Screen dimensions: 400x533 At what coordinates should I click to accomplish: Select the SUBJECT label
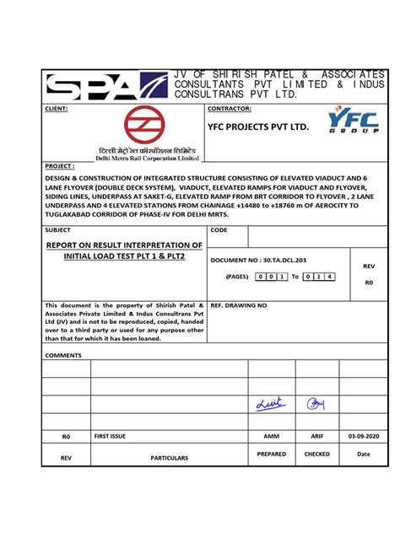click(x=58, y=230)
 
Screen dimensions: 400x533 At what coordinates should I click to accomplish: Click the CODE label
click(x=219, y=230)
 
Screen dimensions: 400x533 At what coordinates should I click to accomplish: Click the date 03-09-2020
click(x=365, y=436)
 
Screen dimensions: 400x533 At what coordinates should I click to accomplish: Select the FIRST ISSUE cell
click(x=110, y=436)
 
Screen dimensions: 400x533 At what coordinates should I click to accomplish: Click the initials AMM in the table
click(x=271, y=436)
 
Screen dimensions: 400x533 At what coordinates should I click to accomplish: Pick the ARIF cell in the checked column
click(x=316, y=436)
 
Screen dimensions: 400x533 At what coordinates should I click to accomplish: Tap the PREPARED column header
click(x=271, y=454)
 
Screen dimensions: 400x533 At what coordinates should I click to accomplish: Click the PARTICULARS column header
click(x=169, y=457)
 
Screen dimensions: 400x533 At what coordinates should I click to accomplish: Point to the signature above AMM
click(x=268, y=406)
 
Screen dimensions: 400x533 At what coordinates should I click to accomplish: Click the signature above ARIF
click(x=316, y=405)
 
